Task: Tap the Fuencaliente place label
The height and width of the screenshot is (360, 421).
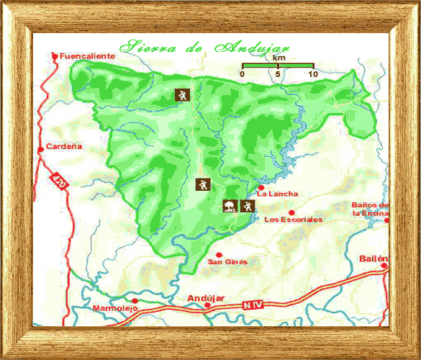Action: click(x=86, y=55)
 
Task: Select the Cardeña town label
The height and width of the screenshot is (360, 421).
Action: click(x=64, y=146)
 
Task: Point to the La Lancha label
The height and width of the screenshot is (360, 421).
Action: click(x=277, y=194)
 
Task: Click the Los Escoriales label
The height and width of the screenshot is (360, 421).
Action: click(x=294, y=220)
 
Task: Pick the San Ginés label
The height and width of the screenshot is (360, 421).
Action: click(x=227, y=261)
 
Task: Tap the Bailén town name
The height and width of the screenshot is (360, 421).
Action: click(x=374, y=258)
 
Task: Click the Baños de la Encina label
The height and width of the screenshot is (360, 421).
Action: click(x=370, y=209)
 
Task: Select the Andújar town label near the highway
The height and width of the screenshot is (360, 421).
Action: click(x=206, y=297)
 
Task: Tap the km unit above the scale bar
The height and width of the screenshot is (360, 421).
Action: click(x=279, y=57)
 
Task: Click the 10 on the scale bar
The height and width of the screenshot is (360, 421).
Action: click(x=312, y=74)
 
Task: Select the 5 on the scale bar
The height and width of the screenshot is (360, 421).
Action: click(x=278, y=74)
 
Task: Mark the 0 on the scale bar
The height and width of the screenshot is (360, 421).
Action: click(x=243, y=74)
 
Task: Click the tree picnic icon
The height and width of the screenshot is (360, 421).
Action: click(x=230, y=206)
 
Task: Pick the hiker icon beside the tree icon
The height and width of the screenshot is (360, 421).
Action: click(x=248, y=206)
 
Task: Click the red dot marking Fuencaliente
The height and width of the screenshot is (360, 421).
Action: click(x=55, y=55)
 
